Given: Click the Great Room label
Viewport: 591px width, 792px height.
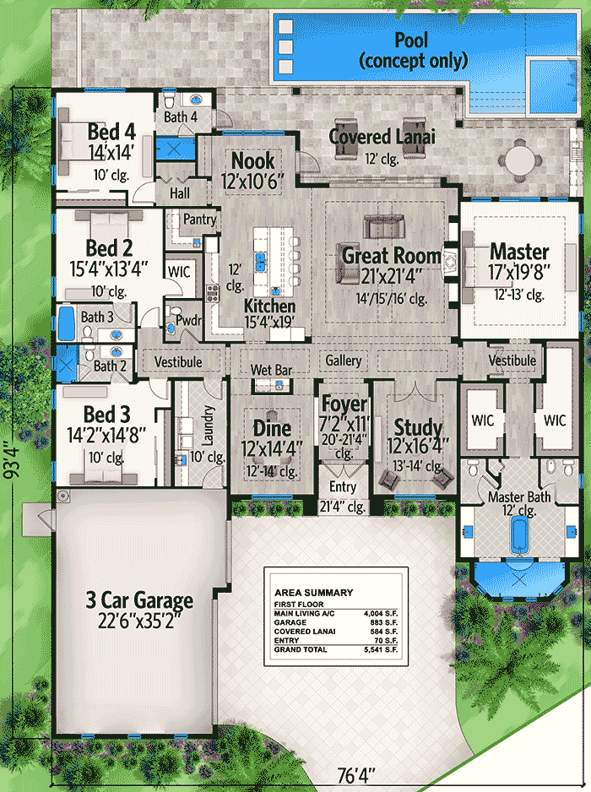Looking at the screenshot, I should [x=391, y=254].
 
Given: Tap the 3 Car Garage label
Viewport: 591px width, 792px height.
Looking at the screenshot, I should [x=138, y=600].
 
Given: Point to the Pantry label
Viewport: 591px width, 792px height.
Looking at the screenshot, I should [x=200, y=220].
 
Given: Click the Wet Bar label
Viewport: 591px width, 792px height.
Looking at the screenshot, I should [x=271, y=370].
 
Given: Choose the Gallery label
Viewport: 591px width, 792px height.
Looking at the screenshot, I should [x=344, y=361].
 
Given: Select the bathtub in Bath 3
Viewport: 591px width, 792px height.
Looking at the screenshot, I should [x=66, y=323].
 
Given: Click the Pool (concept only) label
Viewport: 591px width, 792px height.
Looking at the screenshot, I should [x=411, y=50].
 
